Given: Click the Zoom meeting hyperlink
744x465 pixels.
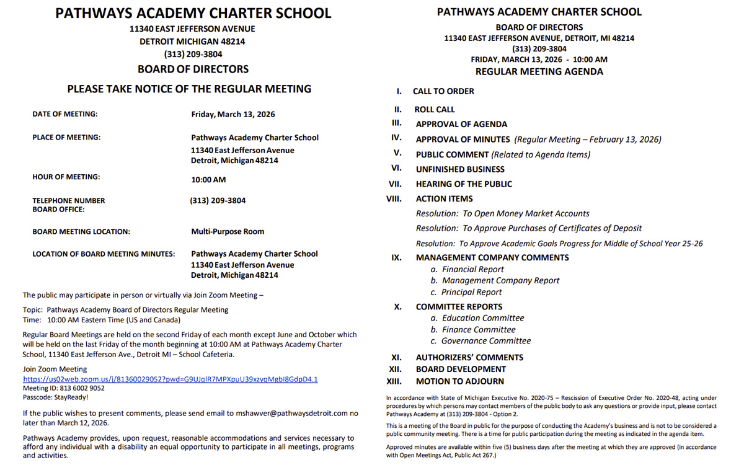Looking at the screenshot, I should [x=170, y=379].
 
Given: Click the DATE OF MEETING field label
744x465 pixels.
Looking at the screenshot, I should [x=65, y=114].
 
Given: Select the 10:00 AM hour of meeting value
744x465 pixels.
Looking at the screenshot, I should [x=208, y=180].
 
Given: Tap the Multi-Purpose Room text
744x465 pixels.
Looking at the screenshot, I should [x=228, y=231].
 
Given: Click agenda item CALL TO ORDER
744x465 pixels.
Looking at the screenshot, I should [x=443, y=91].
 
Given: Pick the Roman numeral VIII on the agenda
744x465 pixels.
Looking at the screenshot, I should [x=394, y=199].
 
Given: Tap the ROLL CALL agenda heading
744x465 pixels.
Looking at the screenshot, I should [x=435, y=110].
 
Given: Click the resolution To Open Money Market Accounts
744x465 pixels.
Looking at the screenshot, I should [x=502, y=213].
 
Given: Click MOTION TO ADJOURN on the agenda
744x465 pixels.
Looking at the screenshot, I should [x=460, y=381].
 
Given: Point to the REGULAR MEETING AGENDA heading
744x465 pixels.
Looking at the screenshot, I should [x=539, y=71].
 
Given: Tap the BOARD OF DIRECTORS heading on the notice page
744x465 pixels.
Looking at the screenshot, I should [x=193, y=69].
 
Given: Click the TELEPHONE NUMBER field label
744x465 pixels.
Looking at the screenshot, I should [x=69, y=200].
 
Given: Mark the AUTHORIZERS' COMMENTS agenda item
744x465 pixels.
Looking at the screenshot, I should [x=469, y=357].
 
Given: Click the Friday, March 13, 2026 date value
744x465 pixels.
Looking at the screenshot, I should [x=233, y=114].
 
